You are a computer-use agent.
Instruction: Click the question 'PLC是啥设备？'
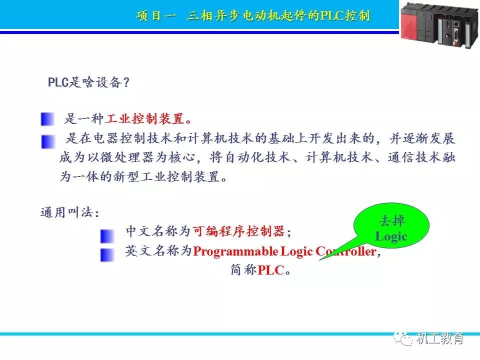88,82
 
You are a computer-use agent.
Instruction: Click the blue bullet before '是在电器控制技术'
48,141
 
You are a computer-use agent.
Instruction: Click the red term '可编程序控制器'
238,231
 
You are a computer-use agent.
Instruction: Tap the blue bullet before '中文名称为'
106,235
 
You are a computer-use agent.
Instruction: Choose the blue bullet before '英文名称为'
106,254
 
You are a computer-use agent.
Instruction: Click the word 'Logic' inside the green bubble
391,236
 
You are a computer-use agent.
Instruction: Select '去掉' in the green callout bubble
392,221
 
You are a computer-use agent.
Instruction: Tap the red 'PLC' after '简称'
270,270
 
